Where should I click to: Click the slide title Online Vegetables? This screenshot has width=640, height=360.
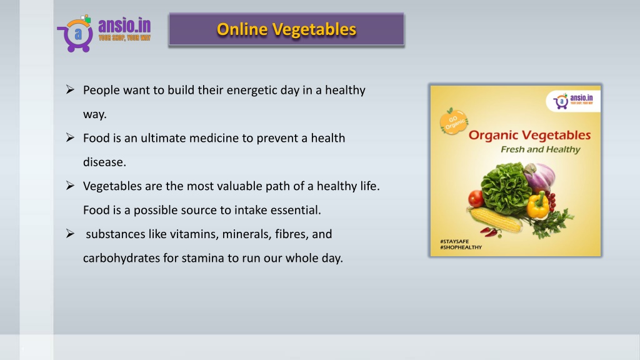pos(286,29)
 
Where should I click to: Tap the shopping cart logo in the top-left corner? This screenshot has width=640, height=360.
pos(76,34)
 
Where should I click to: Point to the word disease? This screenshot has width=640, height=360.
pos(104,162)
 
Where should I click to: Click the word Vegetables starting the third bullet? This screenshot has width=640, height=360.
pos(112,186)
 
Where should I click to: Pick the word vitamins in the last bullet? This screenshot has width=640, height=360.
pos(194,234)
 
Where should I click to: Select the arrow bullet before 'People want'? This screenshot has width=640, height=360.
pos(70,90)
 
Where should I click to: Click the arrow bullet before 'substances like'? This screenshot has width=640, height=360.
pos(70,234)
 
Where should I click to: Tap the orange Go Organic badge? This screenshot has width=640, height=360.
pos(454,122)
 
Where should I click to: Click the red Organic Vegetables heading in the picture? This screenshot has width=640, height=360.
pos(529,135)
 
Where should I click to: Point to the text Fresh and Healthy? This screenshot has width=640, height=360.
pos(541,149)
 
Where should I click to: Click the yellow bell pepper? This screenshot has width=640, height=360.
pos(538,205)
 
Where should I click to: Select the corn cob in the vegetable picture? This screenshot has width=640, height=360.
pos(496,219)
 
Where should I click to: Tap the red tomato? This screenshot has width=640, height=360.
pos(476,198)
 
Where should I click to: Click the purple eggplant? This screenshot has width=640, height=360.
pos(539,177)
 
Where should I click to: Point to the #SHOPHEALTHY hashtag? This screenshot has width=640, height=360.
pos(461,247)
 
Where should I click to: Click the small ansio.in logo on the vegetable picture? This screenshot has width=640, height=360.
pos(573,101)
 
